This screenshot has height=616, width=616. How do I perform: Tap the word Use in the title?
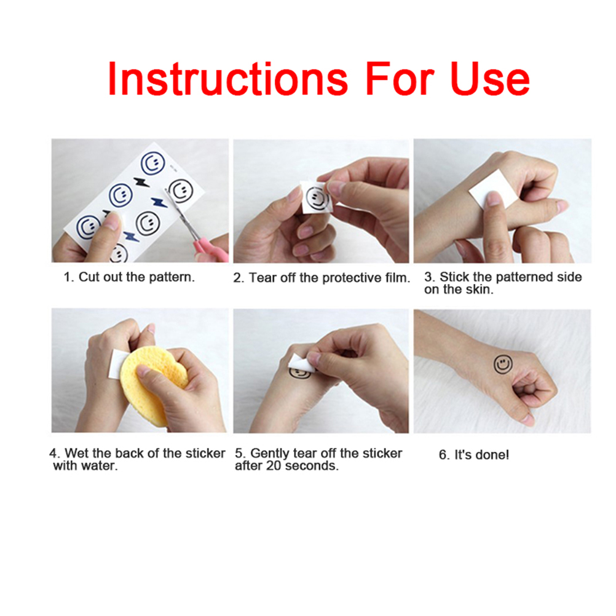(x=491, y=79)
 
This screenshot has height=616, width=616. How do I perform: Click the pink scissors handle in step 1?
(x=211, y=251)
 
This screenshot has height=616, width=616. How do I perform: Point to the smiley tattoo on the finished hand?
(x=503, y=364)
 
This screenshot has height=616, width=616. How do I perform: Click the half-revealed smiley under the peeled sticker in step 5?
(x=299, y=373)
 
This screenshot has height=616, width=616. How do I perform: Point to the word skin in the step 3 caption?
(x=480, y=290)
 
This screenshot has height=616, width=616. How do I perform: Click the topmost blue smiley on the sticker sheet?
(x=152, y=164)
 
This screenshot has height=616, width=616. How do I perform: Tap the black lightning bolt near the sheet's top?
(x=141, y=183)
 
